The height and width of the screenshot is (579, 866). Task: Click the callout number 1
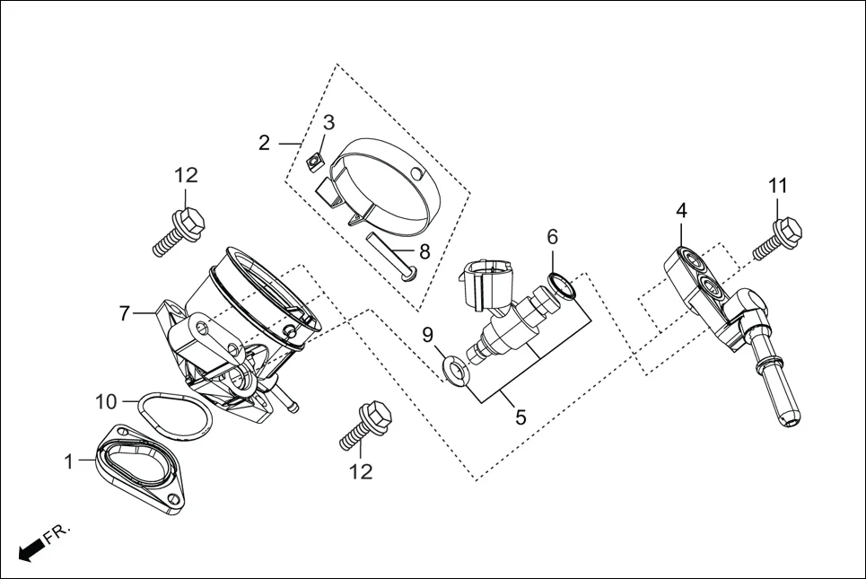tap(68, 461)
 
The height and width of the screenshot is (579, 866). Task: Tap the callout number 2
tap(264, 143)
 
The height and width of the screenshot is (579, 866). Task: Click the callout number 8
tap(424, 252)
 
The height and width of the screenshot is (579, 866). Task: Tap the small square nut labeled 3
tap(313, 162)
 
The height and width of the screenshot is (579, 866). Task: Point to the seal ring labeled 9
tap(455, 369)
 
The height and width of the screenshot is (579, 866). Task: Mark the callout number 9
tap(428, 336)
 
